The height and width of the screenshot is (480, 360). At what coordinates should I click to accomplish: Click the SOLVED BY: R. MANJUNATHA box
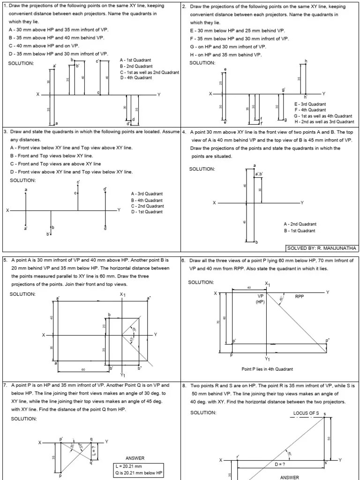coord(322,247)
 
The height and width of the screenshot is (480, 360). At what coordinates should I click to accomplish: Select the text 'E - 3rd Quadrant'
coord(310,104)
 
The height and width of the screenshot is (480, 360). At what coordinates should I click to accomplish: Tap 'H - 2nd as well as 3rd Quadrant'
coord(324,121)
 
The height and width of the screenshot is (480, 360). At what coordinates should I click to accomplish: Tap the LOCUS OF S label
coord(306,413)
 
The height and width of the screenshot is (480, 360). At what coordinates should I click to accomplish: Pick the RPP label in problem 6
coord(300,297)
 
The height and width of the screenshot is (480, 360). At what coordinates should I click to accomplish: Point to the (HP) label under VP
coord(261,302)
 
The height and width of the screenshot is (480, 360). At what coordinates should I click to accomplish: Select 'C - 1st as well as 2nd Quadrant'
coord(150,72)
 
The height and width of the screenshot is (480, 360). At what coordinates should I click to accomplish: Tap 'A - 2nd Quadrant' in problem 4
coord(300,225)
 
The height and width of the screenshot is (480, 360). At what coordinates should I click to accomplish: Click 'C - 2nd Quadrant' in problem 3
coord(147,206)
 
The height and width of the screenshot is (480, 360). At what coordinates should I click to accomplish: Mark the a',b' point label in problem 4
coord(259,174)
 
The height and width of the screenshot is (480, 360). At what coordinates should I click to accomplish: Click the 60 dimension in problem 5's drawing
coord(83,370)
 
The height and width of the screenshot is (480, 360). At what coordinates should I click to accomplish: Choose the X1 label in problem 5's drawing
coord(122,294)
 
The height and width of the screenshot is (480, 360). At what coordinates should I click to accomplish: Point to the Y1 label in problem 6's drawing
coord(267,359)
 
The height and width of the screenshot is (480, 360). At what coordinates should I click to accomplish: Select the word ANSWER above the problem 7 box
coord(135,458)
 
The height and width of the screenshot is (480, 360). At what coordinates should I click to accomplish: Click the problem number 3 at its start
coord(5,132)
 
